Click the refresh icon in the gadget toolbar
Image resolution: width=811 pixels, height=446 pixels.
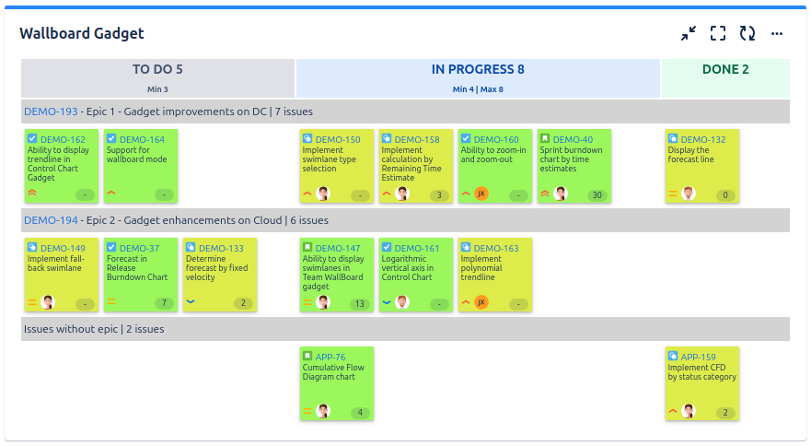click(x=747, y=34)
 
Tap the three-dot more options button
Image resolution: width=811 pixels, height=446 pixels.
click(x=777, y=34)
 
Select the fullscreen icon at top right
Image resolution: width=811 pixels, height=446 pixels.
click(x=718, y=34)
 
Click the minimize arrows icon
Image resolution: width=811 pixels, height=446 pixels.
click(x=689, y=34)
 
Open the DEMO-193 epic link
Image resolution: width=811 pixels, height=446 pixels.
click(x=51, y=111)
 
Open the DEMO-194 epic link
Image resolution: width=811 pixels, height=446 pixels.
click(x=51, y=220)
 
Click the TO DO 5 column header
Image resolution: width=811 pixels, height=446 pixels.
click(x=157, y=69)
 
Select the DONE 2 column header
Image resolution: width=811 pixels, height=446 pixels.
click(x=725, y=69)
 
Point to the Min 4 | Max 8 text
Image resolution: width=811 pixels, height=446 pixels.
click(x=478, y=89)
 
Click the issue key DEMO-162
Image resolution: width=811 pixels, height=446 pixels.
click(x=63, y=139)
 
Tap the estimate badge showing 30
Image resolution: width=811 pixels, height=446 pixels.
click(x=597, y=195)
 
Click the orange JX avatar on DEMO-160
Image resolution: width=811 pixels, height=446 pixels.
click(x=481, y=194)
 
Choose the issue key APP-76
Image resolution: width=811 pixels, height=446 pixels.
click(x=330, y=357)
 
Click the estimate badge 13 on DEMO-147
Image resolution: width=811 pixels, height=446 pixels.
click(x=360, y=304)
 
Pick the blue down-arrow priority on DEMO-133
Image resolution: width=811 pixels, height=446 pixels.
click(x=191, y=301)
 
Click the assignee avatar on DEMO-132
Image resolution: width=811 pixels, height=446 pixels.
click(x=689, y=194)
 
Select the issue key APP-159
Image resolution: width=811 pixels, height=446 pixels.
click(x=699, y=357)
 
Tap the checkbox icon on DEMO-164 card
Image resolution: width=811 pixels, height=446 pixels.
click(x=111, y=138)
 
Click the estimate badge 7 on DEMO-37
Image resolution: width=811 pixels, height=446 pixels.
click(x=165, y=303)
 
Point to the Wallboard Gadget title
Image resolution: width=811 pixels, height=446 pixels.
click(x=82, y=34)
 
